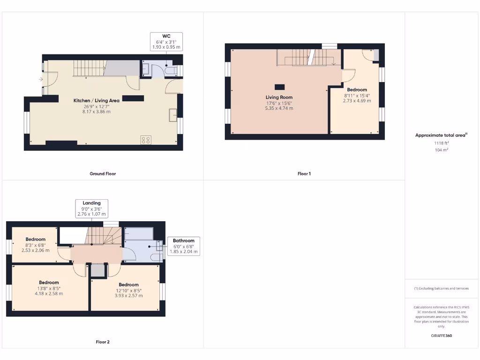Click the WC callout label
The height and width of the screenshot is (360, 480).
[166, 36]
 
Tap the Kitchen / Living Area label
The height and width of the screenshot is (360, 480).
[97, 100]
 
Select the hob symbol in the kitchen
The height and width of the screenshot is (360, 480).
[146, 140]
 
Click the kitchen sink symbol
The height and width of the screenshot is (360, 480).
[173, 114]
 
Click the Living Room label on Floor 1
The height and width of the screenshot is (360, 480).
[279, 97]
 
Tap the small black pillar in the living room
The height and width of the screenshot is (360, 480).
[279, 86]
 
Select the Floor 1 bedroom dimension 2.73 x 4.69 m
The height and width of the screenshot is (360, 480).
[357, 100]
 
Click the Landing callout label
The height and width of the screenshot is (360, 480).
[92, 203]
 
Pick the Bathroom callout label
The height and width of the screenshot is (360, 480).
[183, 240]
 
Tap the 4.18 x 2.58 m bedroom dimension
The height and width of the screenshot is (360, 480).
[49, 293]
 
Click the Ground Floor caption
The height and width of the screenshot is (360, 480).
[103, 173]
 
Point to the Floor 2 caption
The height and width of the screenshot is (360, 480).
[103, 342]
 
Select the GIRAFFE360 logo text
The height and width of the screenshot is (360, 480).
[442, 336]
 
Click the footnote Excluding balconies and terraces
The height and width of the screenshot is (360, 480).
[442, 288]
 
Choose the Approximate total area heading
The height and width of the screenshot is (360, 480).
[441, 135]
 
